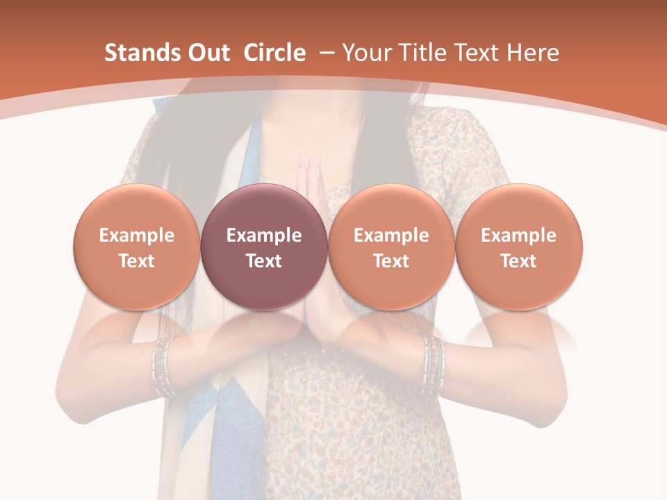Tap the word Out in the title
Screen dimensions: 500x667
[206, 53]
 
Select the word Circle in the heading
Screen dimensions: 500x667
[274, 53]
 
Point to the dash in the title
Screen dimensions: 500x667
[327, 53]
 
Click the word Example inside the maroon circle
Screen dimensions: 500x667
[263, 235]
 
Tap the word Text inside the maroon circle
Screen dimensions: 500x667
[263, 261]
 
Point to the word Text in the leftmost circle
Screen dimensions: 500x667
[136, 261]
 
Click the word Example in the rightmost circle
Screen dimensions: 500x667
[518, 235]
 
